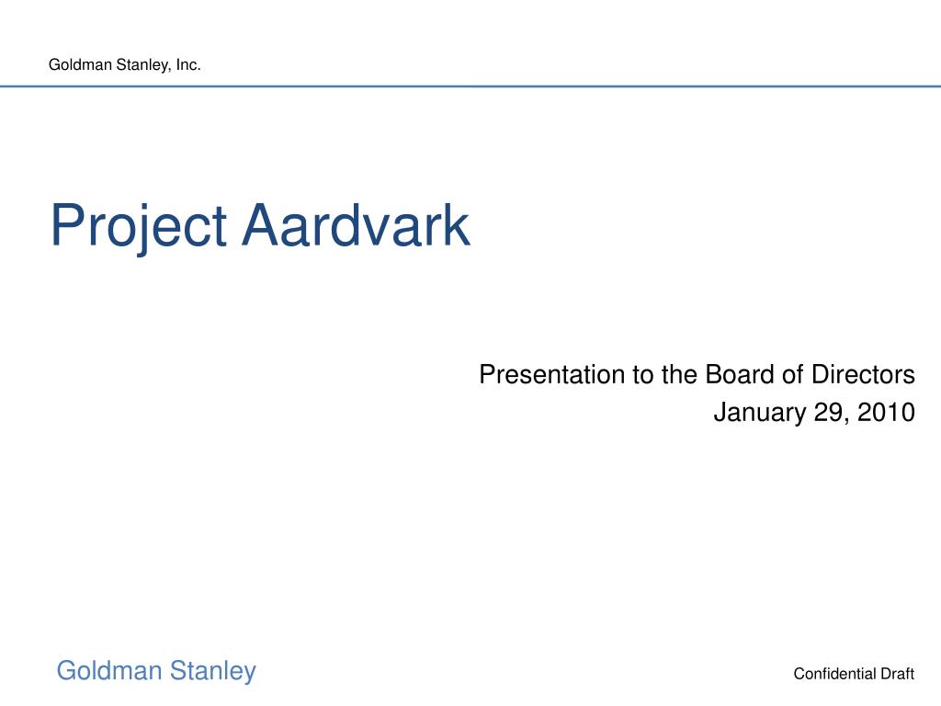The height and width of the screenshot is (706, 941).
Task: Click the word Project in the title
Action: click(x=139, y=228)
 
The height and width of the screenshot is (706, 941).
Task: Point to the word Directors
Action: click(x=863, y=374)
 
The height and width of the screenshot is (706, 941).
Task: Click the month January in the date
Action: click(x=760, y=413)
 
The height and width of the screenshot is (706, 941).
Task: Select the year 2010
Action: click(x=887, y=413)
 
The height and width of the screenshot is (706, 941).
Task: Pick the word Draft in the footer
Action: click(x=897, y=674)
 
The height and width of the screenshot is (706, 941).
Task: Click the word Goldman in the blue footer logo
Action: click(x=109, y=670)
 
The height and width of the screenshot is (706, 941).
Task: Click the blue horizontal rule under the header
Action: click(x=470, y=86)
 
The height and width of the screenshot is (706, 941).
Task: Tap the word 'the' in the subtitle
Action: click(x=679, y=374)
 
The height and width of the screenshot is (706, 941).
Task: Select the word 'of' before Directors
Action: click(x=791, y=374)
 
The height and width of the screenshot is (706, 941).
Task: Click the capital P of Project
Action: click(x=66, y=224)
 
